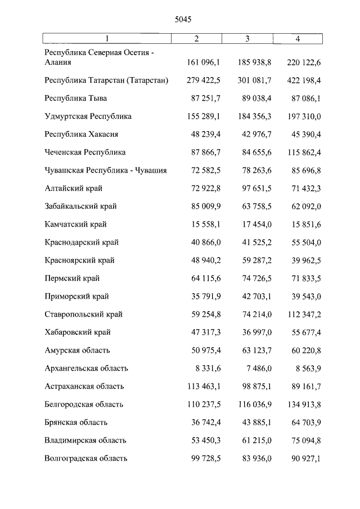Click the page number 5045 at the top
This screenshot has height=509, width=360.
[183, 19]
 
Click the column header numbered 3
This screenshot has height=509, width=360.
[247, 38]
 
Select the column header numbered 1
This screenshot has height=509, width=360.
[107, 38]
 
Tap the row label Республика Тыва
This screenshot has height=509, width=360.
[75, 98]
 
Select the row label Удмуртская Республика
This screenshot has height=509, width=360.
[88, 116]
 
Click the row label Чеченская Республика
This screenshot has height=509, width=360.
[85, 152]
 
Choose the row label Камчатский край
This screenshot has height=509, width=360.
[75, 224]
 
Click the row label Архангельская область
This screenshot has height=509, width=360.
[87, 368]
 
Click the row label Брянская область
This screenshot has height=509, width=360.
[76, 422]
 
